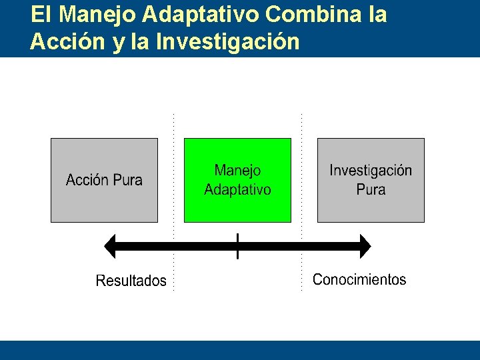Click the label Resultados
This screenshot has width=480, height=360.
tap(131, 281)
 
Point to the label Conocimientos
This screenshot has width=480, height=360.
tap(359, 279)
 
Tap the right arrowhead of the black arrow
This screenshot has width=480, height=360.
tap(363, 246)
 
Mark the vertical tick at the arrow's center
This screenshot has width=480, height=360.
tap(237, 246)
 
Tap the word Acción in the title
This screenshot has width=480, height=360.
tap(64, 41)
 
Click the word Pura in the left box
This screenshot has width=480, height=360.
tap(127, 180)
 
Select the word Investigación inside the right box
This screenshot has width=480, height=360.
tap(371, 171)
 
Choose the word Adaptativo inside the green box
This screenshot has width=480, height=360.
tap(237, 190)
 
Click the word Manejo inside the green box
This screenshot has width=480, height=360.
tap(237, 171)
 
